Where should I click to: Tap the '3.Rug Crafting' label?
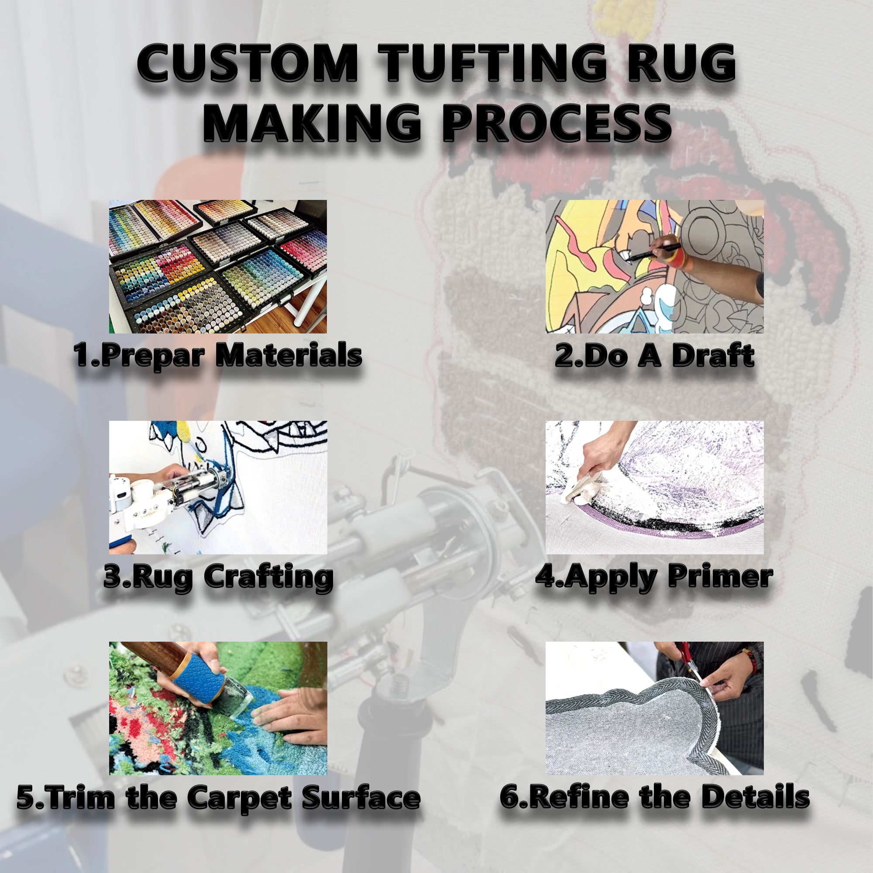(x=219, y=577)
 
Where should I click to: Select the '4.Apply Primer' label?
(x=654, y=577)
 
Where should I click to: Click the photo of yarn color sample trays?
(x=218, y=267)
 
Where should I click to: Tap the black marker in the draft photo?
(x=651, y=253)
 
